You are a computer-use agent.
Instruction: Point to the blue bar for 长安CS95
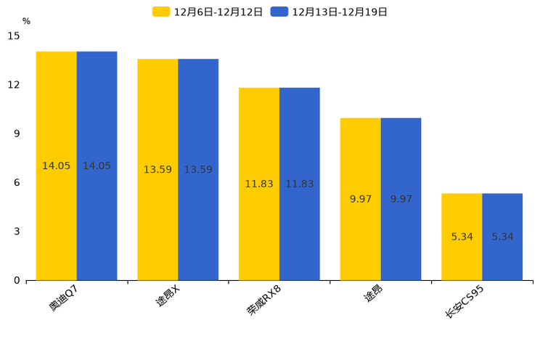tap(502, 247)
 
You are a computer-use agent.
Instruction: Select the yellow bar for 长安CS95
tap(462, 247)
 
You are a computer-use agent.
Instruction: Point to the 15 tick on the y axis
tap(14, 36)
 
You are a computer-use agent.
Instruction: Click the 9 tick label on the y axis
tap(17, 134)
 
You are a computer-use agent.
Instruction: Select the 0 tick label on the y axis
tap(17, 280)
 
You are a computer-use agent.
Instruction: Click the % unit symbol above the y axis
tap(26, 21)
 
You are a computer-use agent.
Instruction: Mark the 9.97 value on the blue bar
tap(401, 199)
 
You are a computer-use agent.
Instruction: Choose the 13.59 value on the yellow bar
tap(157, 170)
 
